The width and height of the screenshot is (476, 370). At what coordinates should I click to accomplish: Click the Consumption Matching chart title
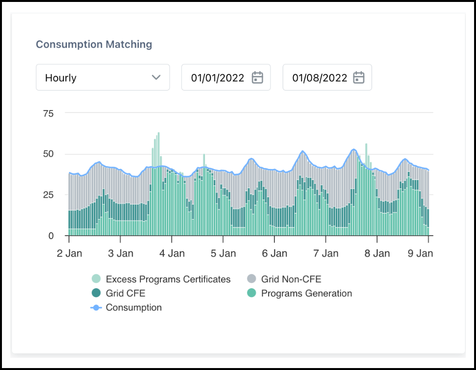point(94,44)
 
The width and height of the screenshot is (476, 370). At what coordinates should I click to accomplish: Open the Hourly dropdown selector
point(102,77)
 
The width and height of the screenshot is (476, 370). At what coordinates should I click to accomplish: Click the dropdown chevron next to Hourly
point(156,77)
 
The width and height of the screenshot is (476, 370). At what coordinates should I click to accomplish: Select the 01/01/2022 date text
point(217,78)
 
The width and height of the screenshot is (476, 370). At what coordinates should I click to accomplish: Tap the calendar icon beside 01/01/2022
point(257,77)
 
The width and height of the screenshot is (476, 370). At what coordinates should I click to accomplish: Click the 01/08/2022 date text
point(319,78)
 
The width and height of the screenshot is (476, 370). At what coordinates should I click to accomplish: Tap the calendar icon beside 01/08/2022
point(358,77)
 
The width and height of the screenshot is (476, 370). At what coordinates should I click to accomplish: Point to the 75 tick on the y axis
point(48,113)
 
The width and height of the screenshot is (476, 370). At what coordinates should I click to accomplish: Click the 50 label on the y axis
point(48,154)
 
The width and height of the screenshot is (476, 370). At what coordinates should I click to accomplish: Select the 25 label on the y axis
point(48,195)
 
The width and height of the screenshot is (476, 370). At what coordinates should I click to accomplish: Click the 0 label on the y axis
point(51,236)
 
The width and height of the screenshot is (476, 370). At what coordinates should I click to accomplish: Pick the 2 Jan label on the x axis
point(69,253)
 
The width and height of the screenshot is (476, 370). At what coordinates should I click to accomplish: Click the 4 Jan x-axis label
point(171,253)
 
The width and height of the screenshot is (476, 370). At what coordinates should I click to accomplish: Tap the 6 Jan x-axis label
point(274,253)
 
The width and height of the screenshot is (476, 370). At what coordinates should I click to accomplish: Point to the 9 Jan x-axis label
point(420,253)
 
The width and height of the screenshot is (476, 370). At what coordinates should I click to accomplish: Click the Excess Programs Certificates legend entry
point(168,279)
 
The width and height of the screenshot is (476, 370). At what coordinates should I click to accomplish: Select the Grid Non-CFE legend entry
point(291,279)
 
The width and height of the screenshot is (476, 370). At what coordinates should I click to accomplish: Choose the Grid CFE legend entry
point(125,294)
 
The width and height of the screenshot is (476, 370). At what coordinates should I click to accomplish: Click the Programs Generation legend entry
point(306,294)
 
